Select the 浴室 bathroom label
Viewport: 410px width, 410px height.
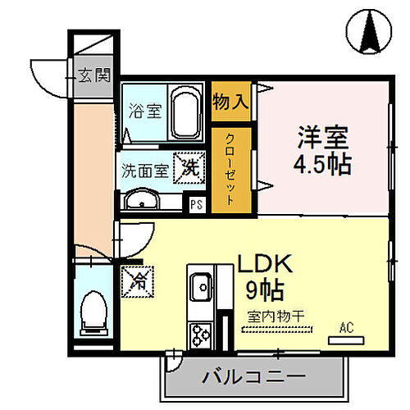tap(144, 112)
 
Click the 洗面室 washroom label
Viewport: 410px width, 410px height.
tap(144, 171)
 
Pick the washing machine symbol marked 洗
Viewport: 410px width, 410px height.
tap(189, 169)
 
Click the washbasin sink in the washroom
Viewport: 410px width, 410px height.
tap(146, 200)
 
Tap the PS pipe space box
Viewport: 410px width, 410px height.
tap(196, 206)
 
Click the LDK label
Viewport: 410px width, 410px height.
tap(265, 263)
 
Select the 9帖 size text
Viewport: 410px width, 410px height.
tap(264, 289)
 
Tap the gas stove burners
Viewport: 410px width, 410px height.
tap(201, 334)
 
